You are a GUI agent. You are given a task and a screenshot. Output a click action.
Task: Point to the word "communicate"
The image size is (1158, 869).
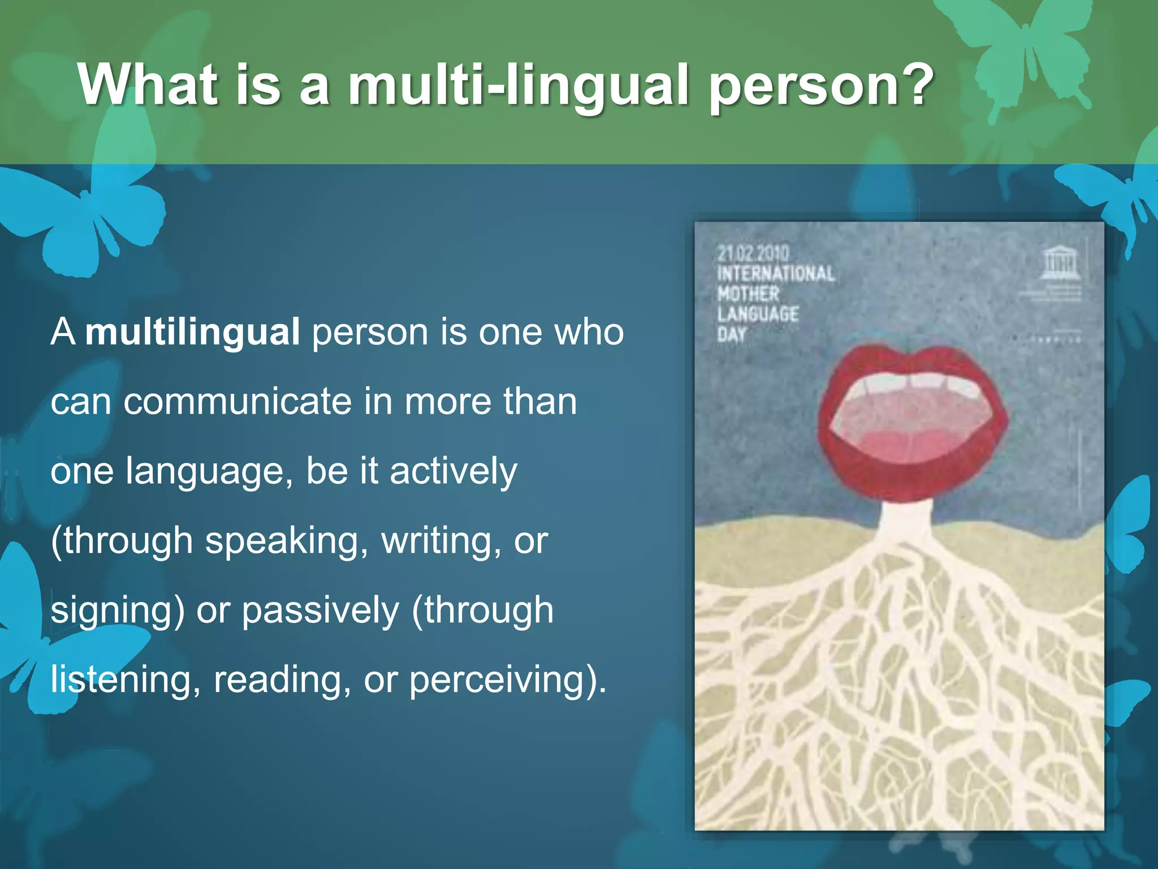(x=238, y=401)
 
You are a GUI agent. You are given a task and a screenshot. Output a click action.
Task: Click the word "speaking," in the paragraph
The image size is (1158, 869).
(x=286, y=541)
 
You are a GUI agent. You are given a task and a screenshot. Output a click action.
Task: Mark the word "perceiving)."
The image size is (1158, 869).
(x=508, y=679)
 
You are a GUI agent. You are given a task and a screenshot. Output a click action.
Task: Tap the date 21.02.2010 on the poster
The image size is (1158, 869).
(x=753, y=253)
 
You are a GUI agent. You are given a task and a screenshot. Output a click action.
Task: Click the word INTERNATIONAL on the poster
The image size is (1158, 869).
(x=776, y=274)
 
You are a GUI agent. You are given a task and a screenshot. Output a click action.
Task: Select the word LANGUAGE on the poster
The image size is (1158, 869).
(x=758, y=314)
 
